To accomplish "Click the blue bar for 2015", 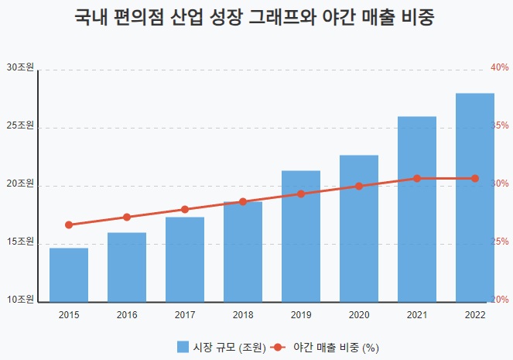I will (x=69, y=275).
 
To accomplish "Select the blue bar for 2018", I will (x=243, y=252).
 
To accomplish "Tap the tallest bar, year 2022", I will (x=475, y=197).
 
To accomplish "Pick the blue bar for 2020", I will (x=359, y=228).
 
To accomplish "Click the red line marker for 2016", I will (x=127, y=218).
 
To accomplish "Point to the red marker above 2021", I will (x=417, y=179).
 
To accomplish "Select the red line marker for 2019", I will (x=301, y=194).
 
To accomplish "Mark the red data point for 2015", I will (x=69, y=225).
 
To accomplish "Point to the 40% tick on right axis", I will (x=500, y=68).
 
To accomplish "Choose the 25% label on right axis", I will (x=500, y=242).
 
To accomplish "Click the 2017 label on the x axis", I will (x=185, y=315).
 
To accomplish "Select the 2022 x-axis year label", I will (x=475, y=315).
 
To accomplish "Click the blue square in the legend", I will (x=183, y=347).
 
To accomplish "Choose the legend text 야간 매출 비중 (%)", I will (x=336, y=347).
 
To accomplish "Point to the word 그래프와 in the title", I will (x=279, y=19).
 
